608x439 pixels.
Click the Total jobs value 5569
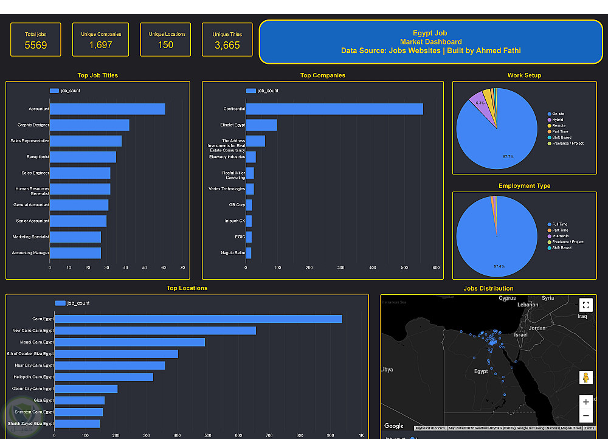point(36,45)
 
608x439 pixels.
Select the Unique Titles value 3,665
point(227,45)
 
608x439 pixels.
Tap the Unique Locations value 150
point(165,45)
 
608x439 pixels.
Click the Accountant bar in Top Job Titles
point(108,109)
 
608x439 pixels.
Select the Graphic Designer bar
point(89,125)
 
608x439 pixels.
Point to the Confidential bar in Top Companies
point(334,109)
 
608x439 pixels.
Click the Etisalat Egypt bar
point(261,125)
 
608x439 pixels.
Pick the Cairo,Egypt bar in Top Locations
point(198,319)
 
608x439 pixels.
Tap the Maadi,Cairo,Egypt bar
point(130,342)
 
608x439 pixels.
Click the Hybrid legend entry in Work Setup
point(558,120)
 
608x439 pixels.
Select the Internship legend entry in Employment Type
point(560,236)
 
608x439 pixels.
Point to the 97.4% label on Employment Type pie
point(499,266)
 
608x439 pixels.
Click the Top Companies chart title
point(323,75)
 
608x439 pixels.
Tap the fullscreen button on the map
point(586,305)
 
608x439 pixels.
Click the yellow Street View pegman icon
point(586,378)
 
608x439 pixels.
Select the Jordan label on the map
point(537,328)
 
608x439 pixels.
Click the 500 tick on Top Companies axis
point(404,268)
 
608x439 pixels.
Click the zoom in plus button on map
point(586,402)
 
